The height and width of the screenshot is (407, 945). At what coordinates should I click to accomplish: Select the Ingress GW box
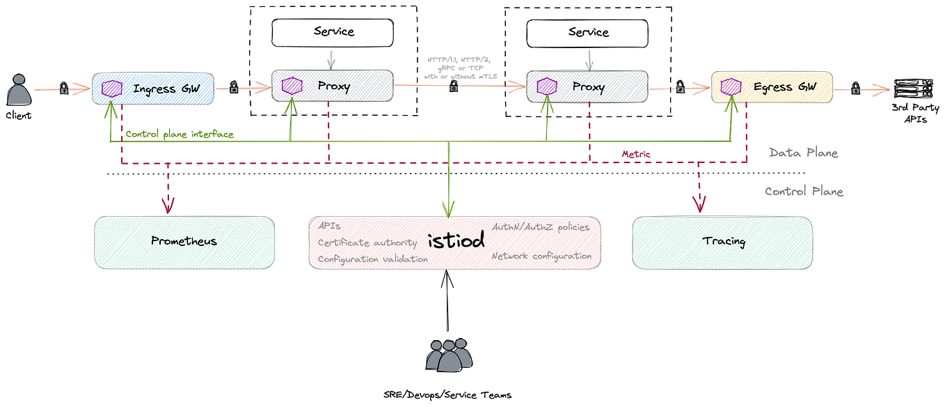pyautogui.click(x=153, y=89)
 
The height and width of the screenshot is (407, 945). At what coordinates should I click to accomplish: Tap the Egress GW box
pyautogui.click(x=772, y=87)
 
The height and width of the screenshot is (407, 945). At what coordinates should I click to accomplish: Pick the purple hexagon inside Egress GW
pyautogui.click(x=730, y=87)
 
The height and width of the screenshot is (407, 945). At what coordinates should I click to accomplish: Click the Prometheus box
pyautogui.click(x=184, y=242)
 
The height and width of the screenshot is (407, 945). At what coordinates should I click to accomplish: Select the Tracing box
pyautogui.click(x=722, y=242)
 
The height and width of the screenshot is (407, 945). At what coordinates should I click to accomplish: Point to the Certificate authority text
pyautogui.click(x=367, y=243)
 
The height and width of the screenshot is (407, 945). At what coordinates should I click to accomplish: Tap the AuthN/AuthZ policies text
pyautogui.click(x=541, y=227)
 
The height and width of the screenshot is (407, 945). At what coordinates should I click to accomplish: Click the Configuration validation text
pyautogui.click(x=372, y=259)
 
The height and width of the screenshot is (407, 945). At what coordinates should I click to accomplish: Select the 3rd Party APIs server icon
pyautogui.click(x=911, y=89)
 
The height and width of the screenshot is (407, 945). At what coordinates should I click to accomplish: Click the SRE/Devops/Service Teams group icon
pyautogui.click(x=449, y=356)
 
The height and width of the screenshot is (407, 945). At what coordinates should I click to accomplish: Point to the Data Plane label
pyautogui.click(x=803, y=153)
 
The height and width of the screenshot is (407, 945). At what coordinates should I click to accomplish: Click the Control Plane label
pyautogui.click(x=804, y=192)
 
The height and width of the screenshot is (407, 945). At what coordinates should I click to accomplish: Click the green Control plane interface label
pyautogui.click(x=180, y=134)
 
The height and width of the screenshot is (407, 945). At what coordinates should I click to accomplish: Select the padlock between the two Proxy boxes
pyautogui.click(x=454, y=86)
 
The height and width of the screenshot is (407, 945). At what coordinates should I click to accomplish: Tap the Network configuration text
pyautogui.click(x=541, y=256)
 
